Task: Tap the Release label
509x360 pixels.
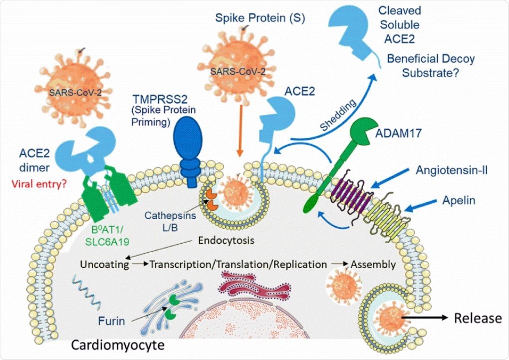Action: click(477, 318)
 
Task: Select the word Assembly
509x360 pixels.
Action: click(373, 264)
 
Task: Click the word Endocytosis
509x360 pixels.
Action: click(227, 240)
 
